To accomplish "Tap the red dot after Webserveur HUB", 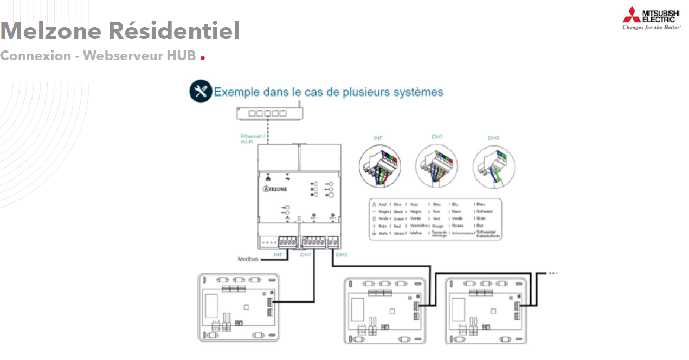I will pyautogui.click(x=203, y=57).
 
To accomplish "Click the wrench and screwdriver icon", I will pyautogui.click(x=200, y=92).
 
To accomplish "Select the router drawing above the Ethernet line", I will pyautogui.click(x=269, y=113).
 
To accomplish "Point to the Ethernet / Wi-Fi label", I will pyautogui.click(x=251, y=139).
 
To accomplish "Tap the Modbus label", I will pyautogui.click(x=248, y=259).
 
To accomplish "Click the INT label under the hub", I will pyautogui.click(x=278, y=254).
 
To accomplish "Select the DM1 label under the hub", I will pyautogui.click(x=305, y=254).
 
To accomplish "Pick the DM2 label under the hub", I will pyautogui.click(x=341, y=254).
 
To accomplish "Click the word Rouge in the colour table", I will pyautogui.click(x=438, y=226).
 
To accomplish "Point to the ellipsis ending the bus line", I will pyautogui.click(x=553, y=273).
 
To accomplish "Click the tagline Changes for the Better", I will pyautogui.click(x=651, y=27).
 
